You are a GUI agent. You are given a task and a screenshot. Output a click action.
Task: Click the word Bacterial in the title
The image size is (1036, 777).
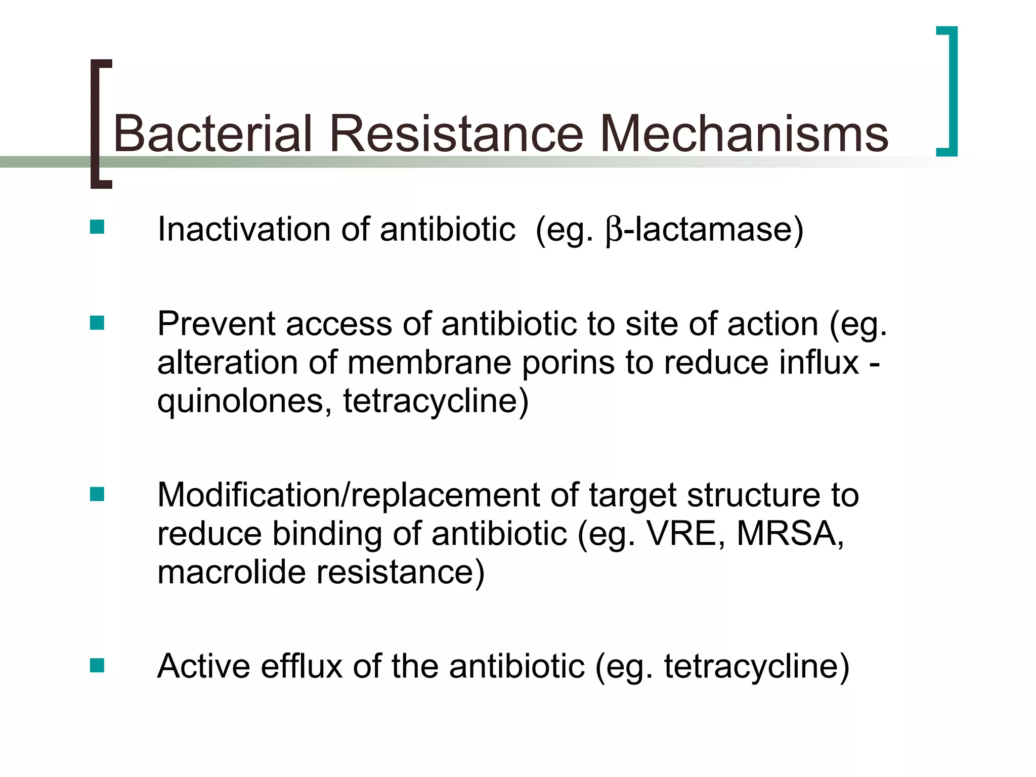point(212,134)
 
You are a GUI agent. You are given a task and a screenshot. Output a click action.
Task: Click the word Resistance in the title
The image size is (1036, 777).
point(456,134)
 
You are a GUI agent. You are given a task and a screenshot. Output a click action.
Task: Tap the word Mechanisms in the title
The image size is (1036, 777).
point(744,134)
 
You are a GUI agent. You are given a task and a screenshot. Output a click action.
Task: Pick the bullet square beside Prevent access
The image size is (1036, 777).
point(97,323)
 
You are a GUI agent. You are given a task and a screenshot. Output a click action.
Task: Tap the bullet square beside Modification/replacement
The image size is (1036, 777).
point(97,494)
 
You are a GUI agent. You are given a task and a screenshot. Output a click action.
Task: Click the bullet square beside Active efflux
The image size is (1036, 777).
point(97,665)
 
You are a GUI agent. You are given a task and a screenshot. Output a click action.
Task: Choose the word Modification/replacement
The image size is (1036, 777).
point(349,495)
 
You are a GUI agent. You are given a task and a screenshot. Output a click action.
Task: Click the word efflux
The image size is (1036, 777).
point(302,666)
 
